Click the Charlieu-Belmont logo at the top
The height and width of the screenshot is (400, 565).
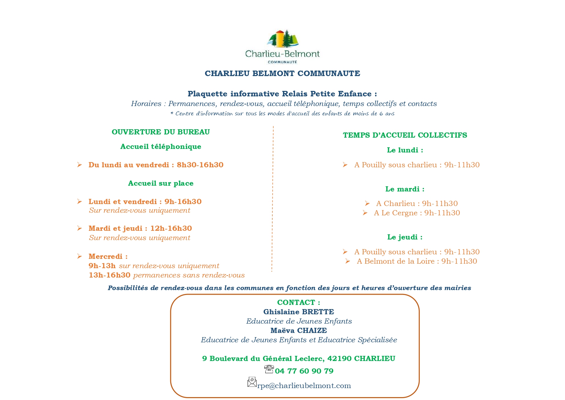click(x=282, y=47)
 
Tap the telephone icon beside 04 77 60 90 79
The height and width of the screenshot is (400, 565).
click(x=269, y=369)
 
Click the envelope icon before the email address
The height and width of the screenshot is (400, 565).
click(x=252, y=382)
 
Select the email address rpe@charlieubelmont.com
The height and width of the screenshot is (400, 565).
click(x=304, y=386)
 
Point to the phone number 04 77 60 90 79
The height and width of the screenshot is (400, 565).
click(x=304, y=371)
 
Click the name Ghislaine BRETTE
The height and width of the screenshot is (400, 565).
click(x=299, y=312)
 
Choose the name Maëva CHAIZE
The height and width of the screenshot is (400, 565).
click(x=299, y=330)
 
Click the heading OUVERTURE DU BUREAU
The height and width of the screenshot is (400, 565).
click(x=161, y=132)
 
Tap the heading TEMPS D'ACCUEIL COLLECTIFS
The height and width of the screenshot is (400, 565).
click(x=405, y=135)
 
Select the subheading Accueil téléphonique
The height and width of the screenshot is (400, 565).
click(x=161, y=147)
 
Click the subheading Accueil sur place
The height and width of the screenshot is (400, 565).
click(x=161, y=183)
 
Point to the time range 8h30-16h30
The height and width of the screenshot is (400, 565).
click(x=200, y=165)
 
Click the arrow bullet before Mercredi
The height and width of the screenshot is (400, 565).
click(x=80, y=256)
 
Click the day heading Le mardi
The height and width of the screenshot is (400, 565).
click(x=405, y=189)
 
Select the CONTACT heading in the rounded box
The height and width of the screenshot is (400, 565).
click(x=299, y=302)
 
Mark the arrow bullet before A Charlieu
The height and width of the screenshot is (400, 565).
click(x=367, y=203)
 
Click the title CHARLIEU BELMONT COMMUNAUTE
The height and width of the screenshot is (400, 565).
click(x=282, y=73)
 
